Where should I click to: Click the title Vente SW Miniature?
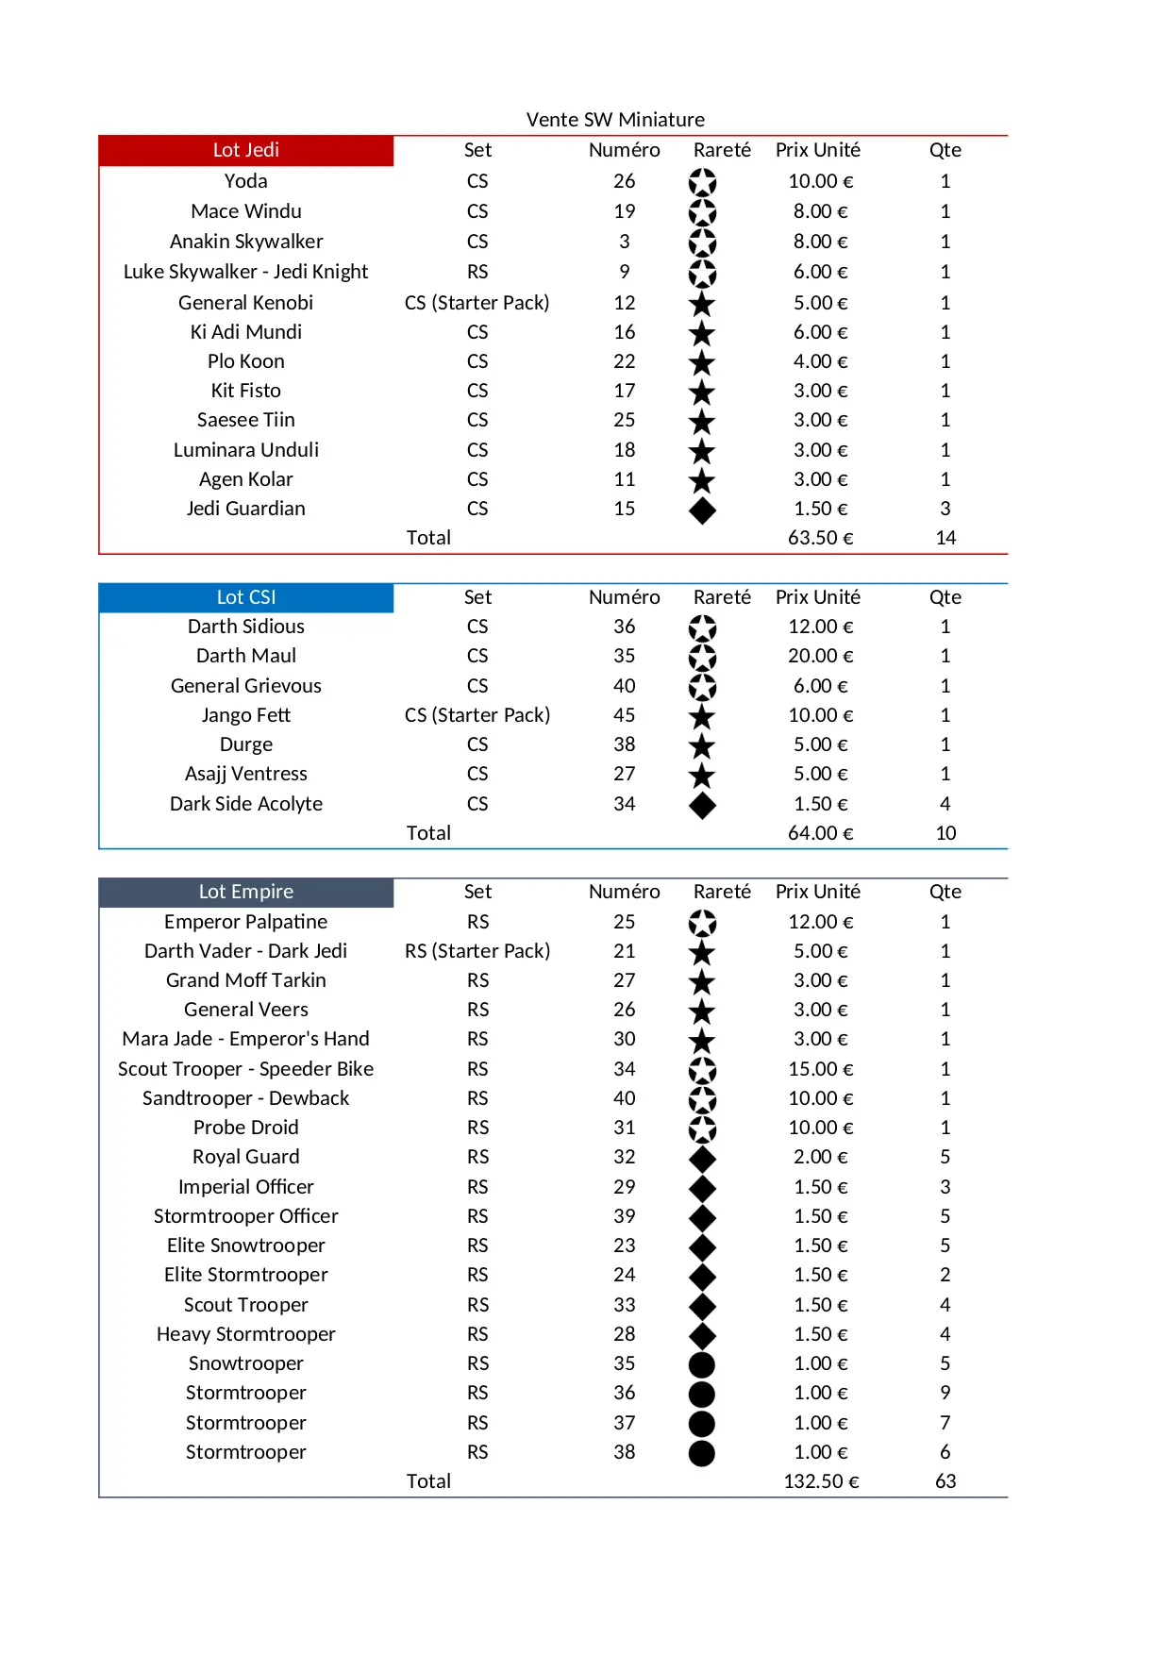615,120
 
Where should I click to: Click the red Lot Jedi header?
245,150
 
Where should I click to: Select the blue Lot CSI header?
245,597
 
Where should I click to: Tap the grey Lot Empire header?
245,892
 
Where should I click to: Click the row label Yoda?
245,181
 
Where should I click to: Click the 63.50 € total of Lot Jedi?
820,538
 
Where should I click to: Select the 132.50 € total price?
821,1481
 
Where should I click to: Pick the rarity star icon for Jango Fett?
702,717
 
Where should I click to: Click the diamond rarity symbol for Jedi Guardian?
702,510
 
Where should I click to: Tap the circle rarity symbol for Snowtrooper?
702,1364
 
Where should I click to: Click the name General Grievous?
245,686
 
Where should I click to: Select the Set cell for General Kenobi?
477,303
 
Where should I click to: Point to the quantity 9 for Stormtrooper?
945,1393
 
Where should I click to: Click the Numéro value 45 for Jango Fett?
624,715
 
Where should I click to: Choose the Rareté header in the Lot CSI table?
722,597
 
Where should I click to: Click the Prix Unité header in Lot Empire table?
817,892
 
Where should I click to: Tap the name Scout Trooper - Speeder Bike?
245,1069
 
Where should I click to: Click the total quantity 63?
945,1481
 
